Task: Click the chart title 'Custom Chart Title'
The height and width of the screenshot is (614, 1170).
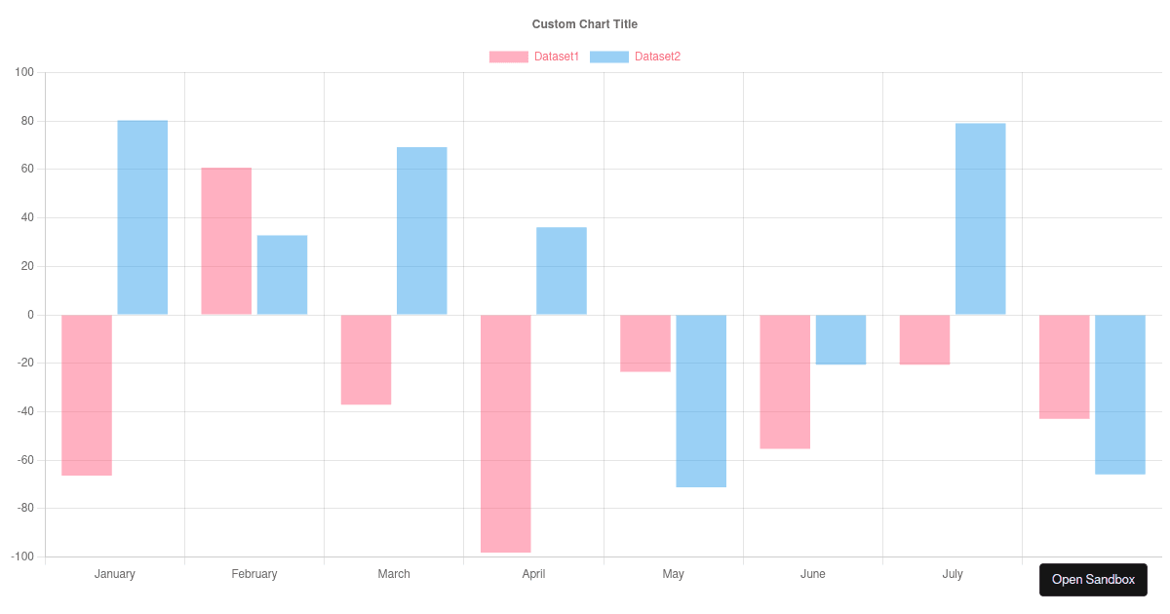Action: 584,23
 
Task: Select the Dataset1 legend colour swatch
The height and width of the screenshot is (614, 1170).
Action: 508,57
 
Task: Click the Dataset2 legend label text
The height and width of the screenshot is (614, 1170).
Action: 657,57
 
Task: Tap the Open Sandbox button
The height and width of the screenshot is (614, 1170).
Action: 1093,579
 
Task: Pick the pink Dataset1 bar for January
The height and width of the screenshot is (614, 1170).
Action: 87,395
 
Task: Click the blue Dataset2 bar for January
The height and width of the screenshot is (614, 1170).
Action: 142,217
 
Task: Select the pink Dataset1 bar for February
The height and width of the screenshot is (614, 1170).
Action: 226,241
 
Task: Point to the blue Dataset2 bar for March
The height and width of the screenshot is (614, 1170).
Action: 422,231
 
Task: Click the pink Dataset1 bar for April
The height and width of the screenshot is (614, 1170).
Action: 506,434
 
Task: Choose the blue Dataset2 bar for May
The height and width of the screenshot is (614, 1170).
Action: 701,401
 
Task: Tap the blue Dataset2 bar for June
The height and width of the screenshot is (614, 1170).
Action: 840,339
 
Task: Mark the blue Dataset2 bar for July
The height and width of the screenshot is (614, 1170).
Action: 980,219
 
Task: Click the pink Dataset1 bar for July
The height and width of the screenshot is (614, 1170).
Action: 924,339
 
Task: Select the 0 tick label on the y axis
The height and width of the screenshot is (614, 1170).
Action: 30,315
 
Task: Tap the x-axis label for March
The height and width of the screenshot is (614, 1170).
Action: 394,574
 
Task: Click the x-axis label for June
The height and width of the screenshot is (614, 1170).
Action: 812,574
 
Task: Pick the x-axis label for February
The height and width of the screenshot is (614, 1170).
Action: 254,574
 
